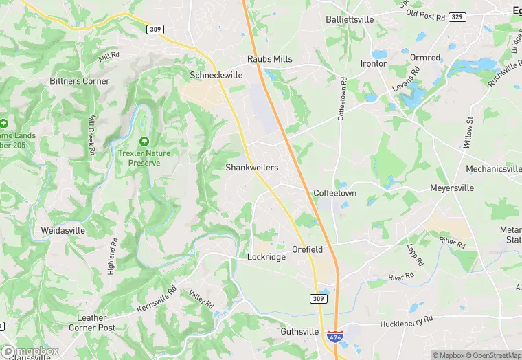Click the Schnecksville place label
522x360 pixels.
click(216, 75)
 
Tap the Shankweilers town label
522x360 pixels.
click(251, 168)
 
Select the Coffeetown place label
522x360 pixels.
click(334, 194)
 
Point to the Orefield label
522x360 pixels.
click(307, 249)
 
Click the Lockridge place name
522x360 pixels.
click(266, 256)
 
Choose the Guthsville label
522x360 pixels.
click(299, 332)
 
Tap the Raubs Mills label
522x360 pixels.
click(270, 59)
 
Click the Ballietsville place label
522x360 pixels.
click(350, 19)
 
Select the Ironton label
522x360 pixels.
click(374, 63)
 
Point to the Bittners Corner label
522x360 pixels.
click(80, 81)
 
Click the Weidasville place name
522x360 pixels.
click(64, 230)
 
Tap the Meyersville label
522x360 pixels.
click(453, 188)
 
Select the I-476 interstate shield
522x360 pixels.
click(334, 337)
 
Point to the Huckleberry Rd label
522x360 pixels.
click(407, 321)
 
